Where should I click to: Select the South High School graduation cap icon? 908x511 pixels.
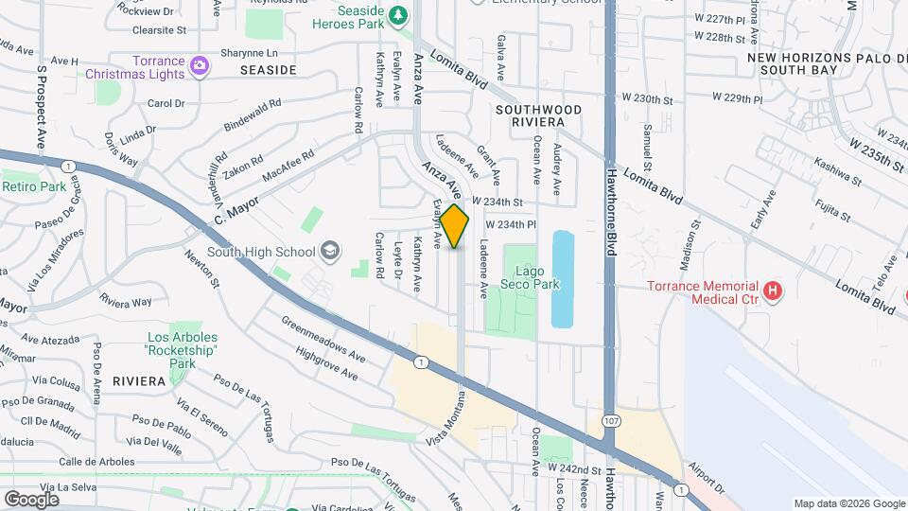[x=330, y=251]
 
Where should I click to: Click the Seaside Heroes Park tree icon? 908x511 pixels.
[x=398, y=15]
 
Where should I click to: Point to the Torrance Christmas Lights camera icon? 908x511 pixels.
[x=199, y=65]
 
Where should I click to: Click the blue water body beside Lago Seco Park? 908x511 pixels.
[x=562, y=278]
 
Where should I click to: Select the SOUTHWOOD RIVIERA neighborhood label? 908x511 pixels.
[x=537, y=115]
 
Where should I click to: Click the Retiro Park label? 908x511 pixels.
[x=34, y=187]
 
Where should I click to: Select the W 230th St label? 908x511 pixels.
[x=653, y=98]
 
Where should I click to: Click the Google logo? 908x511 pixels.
[x=31, y=499]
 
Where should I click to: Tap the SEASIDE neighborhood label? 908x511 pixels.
[x=268, y=70]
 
